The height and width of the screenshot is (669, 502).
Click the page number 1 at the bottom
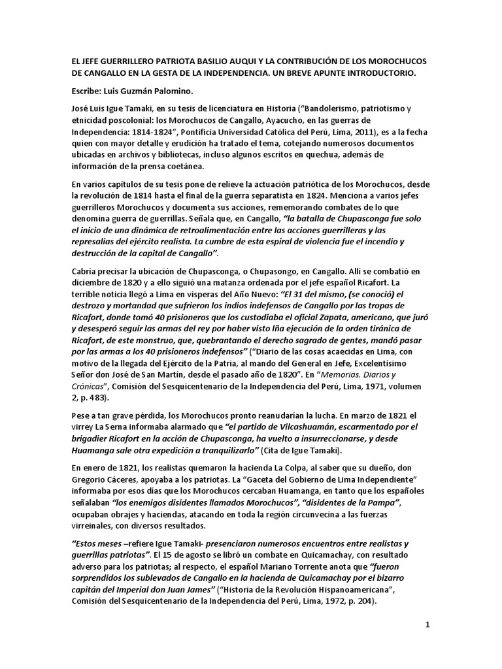427,625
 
